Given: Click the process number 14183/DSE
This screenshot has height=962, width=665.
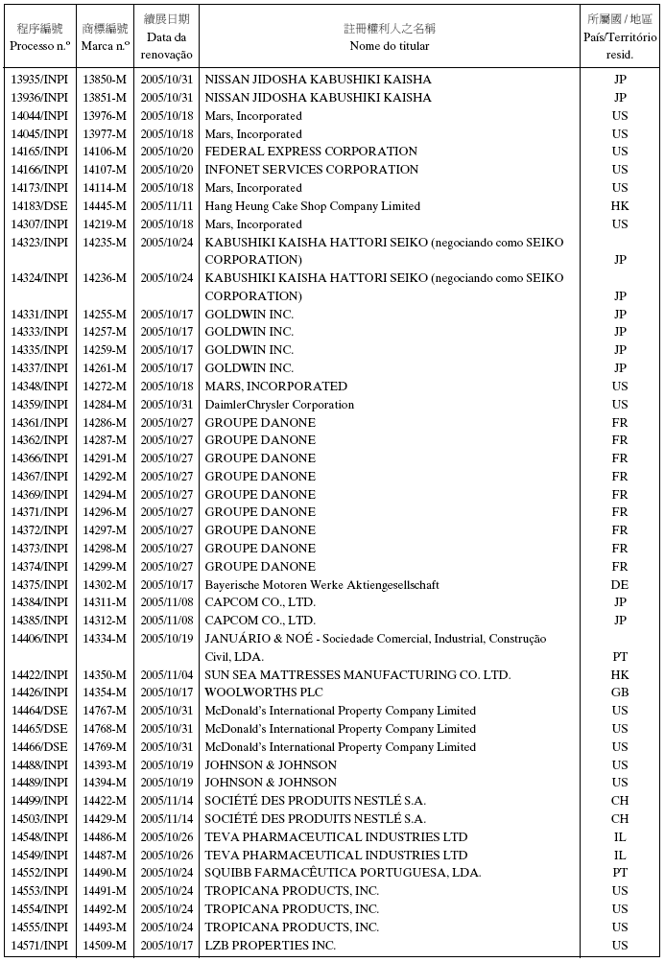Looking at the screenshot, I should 39,206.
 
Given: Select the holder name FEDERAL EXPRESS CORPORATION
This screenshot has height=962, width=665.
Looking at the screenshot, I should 311,152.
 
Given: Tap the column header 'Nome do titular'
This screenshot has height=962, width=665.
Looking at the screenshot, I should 389,46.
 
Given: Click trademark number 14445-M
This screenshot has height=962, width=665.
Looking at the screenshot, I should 105,206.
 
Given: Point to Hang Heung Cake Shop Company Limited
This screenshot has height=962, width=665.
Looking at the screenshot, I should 312,206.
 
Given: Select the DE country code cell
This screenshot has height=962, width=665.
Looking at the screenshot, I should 620,585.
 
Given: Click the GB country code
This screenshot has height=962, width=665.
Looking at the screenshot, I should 620,692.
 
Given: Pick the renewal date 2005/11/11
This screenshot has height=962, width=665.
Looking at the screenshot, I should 167,206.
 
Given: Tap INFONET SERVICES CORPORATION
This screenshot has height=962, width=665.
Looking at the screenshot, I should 312,170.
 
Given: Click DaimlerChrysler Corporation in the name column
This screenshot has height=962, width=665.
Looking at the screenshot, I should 279,405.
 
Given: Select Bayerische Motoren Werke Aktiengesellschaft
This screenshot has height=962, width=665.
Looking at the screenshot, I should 321,585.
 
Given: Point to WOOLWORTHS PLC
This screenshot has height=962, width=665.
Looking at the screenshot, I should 264,692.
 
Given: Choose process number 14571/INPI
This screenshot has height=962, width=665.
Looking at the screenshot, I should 39,946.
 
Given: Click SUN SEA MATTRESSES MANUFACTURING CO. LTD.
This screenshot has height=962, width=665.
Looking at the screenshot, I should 357,675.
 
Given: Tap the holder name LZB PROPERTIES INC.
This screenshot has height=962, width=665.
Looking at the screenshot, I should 271,946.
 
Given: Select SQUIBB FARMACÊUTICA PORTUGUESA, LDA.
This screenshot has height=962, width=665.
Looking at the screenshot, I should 343,873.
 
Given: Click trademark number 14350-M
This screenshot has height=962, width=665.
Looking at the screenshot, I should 105,675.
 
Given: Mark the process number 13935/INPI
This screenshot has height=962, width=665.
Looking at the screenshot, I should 39,80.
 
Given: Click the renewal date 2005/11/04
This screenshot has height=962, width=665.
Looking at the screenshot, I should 167,675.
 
